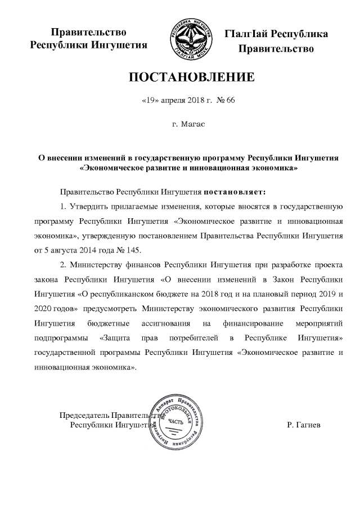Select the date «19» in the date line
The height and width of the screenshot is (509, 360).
click(x=148, y=102)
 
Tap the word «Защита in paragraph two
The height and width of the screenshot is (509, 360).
click(x=118, y=337)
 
